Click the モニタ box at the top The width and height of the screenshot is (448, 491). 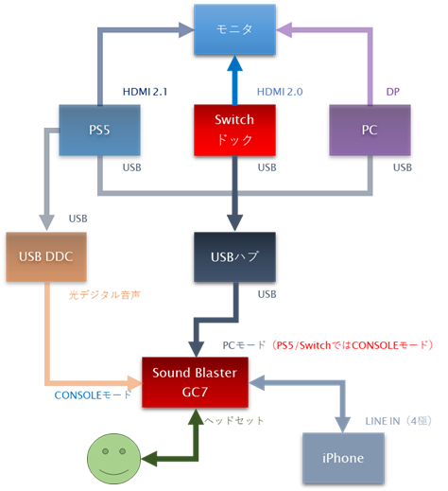(234, 29)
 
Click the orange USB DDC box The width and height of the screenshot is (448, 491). (45, 255)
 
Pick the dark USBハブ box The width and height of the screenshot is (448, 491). (234, 255)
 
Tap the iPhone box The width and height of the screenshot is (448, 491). (342, 458)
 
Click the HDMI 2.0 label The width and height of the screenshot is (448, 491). (281, 91)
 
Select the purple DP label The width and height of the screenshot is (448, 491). (393, 91)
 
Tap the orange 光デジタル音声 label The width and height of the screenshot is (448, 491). (104, 296)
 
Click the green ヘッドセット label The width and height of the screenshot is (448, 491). (235, 420)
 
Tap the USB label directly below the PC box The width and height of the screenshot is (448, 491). (403, 167)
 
